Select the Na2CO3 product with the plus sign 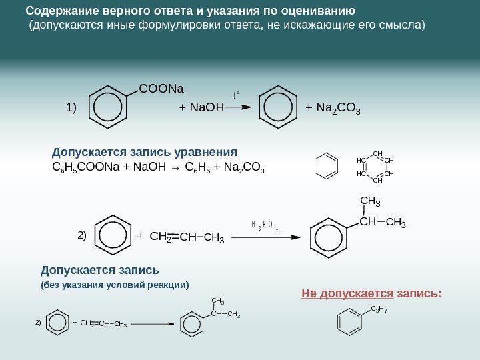point(333,107)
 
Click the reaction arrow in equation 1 point(234,106)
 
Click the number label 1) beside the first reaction point(71,107)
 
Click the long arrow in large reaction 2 point(267,235)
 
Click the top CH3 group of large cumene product point(370,200)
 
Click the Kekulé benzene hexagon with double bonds point(326,166)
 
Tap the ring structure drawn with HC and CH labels point(376,167)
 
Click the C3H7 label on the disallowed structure point(379,309)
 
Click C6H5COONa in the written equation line point(89,166)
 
